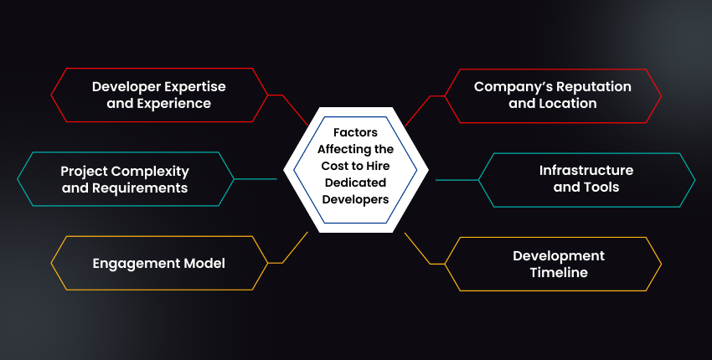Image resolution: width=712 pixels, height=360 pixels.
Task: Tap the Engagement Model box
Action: (158, 264)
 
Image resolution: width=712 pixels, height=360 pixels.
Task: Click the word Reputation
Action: (586, 86)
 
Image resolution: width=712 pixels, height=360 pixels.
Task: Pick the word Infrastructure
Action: (586, 171)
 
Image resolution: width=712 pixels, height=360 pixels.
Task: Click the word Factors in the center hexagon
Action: (355, 132)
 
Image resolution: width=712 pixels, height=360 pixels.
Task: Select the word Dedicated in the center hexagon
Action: (355, 184)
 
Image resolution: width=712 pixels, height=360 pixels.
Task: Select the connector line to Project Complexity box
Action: (255, 179)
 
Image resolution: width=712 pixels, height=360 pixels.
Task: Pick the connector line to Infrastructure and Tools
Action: (457, 179)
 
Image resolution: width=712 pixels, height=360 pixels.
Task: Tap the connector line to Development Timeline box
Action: (424, 252)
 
